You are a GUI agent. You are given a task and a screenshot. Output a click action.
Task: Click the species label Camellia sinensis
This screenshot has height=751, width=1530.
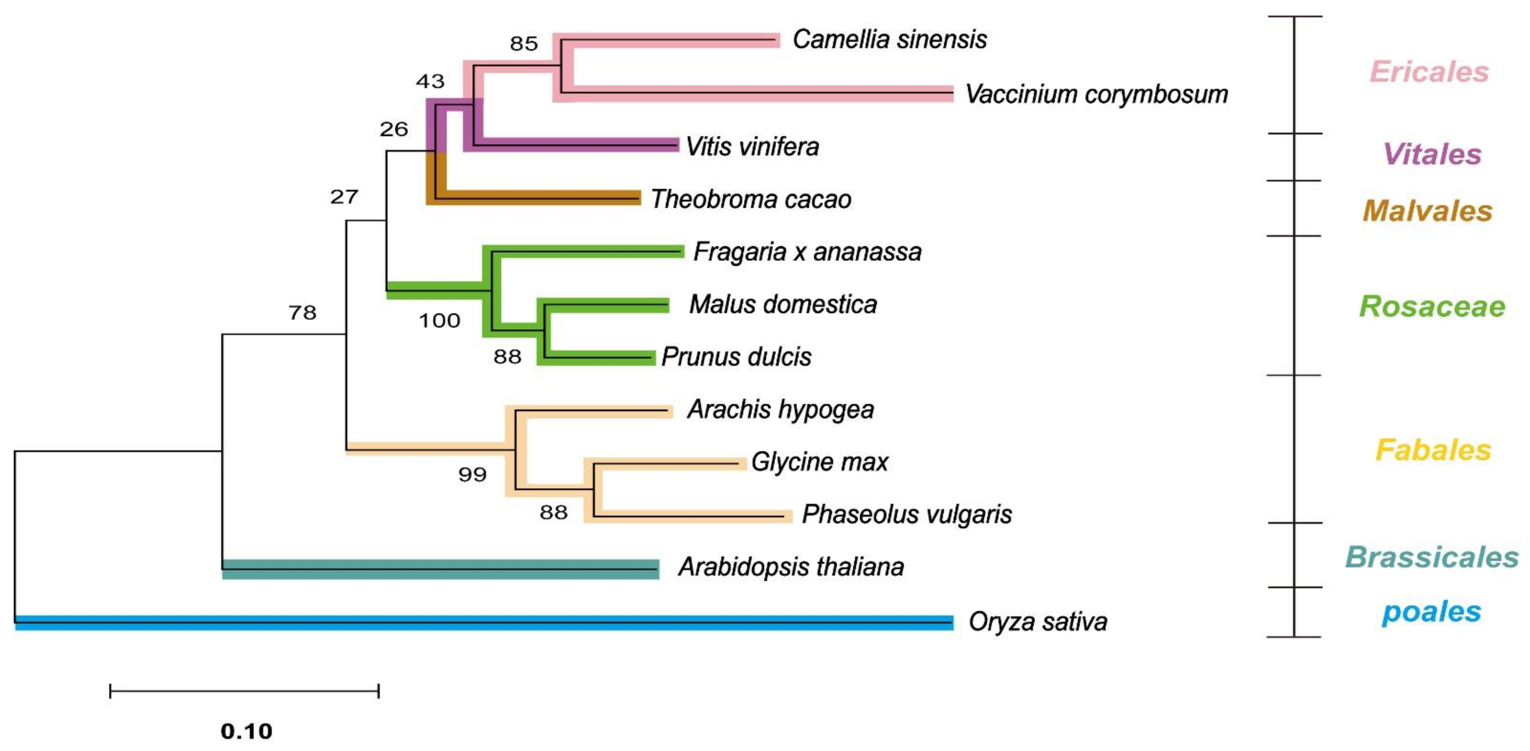(x=889, y=40)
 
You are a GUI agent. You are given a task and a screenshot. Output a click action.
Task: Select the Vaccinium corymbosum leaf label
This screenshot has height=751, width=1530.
(x=1096, y=94)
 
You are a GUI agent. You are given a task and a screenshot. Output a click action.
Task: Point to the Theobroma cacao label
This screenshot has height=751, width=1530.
(x=751, y=199)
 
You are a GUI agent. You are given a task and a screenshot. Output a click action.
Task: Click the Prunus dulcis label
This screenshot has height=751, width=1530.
(x=736, y=356)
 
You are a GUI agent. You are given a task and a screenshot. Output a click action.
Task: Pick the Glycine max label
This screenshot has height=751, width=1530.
(x=819, y=462)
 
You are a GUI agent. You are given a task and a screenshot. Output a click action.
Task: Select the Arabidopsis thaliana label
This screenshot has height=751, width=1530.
(x=791, y=567)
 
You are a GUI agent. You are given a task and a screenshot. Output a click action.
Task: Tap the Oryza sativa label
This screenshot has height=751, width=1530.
(x=1038, y=621)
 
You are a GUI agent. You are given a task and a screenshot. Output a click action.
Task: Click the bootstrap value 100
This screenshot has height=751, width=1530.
(x=440, y=321)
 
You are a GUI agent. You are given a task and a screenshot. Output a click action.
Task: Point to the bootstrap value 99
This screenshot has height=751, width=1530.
(x=472, y=474)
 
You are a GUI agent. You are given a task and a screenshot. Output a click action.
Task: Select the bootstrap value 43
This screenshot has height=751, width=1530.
(x=430, y=81)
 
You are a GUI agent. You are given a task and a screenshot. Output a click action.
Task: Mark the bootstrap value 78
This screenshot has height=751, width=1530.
(x=302, y=313)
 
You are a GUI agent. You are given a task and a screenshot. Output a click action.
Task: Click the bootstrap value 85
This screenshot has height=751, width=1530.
(x=524, y=43)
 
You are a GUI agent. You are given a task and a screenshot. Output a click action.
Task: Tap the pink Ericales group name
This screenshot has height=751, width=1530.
(x=1429, y=72)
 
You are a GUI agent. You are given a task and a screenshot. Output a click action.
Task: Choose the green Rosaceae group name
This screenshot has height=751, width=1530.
(x=1432, y=307)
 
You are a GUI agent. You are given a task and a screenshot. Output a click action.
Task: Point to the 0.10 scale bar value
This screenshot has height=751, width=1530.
(x=247, y=731)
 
